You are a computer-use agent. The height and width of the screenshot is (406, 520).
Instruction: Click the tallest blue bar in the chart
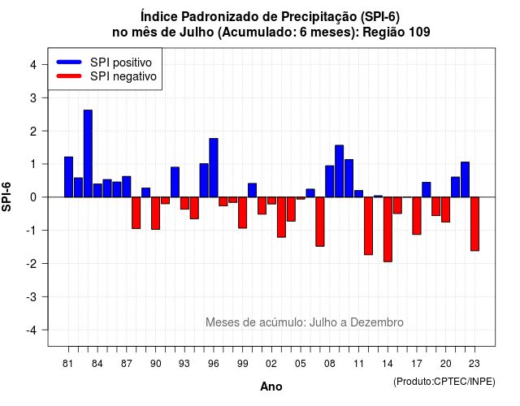tap(88, 153)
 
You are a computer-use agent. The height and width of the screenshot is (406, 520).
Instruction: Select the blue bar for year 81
tap(68, 177)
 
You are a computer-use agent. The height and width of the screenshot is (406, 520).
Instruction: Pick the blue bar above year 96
tap(214, 168)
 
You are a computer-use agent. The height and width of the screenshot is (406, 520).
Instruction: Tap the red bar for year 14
tap(388, 229)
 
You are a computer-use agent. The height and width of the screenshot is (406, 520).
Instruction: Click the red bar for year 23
tap(474, 224)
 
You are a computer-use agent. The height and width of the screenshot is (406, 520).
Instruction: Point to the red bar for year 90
tap(155, 213)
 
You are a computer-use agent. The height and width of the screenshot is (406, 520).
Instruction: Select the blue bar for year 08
tap(330, 181)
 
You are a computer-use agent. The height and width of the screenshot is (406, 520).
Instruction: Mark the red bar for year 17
tap(417, 216)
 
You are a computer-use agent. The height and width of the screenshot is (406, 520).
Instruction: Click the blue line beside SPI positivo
tap(69, 62)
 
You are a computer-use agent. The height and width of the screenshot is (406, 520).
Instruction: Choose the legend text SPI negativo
tap(123, 76)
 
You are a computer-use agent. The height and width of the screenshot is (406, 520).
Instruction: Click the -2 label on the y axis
tap(32, 263)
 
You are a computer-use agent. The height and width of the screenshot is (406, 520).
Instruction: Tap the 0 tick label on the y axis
tap(33, 197)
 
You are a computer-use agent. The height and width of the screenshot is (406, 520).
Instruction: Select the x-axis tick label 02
tap(271, 364)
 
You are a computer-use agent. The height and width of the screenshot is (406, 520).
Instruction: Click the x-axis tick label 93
tap(184, 364)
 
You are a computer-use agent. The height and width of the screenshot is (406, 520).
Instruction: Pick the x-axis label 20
tap(446, 364)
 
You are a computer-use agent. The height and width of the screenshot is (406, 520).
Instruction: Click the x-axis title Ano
tap(271, 387)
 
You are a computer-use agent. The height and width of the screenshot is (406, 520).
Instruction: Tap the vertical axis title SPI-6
tap(6, 197)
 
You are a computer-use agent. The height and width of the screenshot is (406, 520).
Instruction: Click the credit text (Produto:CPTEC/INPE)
tap(444, 382)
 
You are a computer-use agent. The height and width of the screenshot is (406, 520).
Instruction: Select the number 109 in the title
tap(419, 32)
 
